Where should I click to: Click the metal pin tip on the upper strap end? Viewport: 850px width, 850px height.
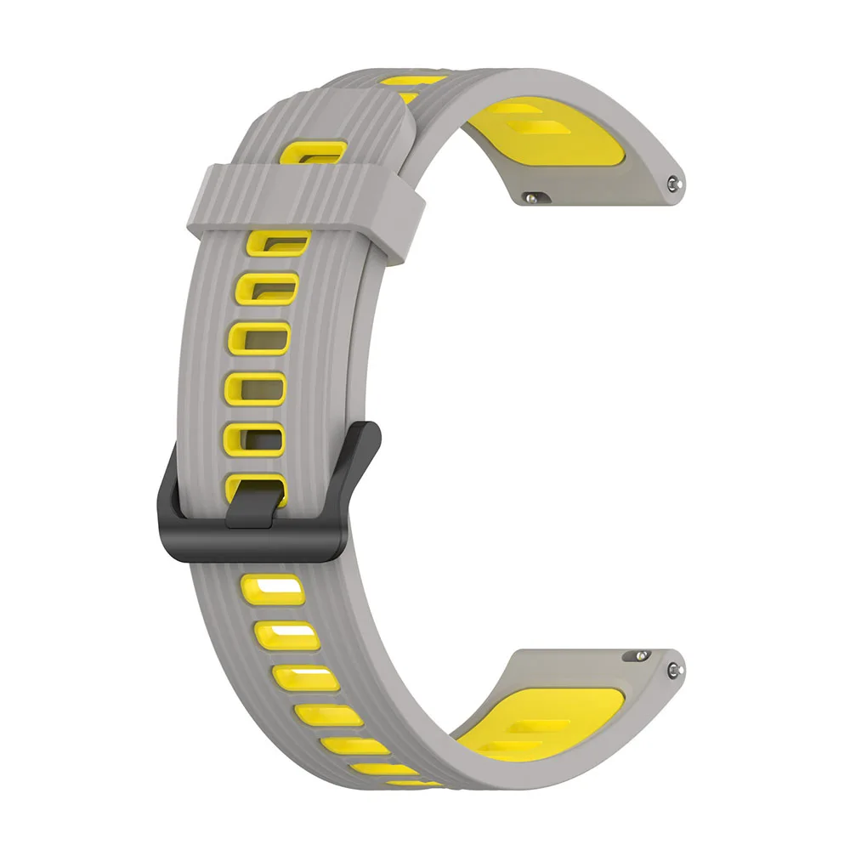coord(673,181)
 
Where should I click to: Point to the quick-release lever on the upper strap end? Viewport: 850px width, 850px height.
coord(533,196)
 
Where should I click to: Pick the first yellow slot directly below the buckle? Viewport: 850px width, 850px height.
coord(270,586)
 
